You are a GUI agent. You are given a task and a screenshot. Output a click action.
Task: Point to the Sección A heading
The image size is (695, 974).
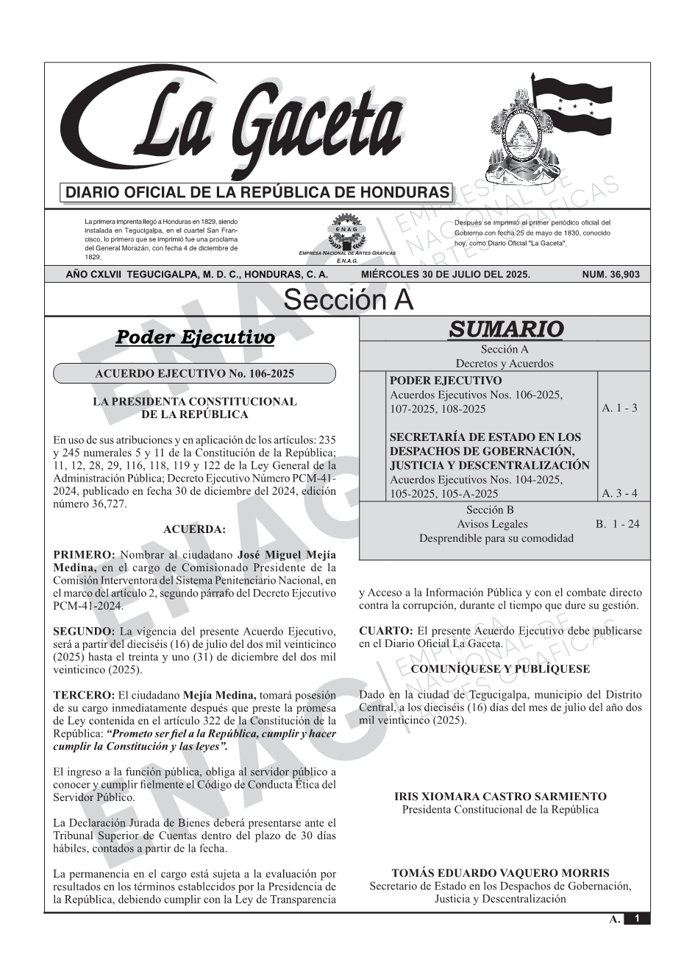coord(348,300)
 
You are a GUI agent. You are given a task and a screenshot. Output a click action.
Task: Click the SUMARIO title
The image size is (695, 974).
coord(505,329)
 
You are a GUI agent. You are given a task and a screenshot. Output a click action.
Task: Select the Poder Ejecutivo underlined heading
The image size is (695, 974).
coord(195,338)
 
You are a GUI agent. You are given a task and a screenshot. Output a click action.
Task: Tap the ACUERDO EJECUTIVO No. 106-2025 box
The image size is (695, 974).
coord(194,374)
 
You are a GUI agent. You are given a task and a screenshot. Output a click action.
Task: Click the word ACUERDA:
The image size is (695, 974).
coord(194,529)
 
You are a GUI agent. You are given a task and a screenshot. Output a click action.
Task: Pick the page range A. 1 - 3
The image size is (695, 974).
coord(619,408)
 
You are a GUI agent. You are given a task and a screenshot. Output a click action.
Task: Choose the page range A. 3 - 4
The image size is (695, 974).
coord(619,494)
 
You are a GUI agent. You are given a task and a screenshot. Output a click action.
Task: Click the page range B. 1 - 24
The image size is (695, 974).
coord(617,524)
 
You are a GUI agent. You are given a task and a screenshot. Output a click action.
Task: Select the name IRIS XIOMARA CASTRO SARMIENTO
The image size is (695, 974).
coord(500,797)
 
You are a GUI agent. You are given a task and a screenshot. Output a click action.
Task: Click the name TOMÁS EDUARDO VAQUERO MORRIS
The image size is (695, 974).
coord(500,873)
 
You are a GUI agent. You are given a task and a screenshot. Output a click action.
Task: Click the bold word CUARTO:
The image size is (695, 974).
coord(386,631)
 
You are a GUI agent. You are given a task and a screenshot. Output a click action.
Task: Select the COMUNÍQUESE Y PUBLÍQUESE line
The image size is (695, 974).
coord(500,669)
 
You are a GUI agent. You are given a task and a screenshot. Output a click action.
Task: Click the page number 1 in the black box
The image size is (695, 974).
coord(637,919)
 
